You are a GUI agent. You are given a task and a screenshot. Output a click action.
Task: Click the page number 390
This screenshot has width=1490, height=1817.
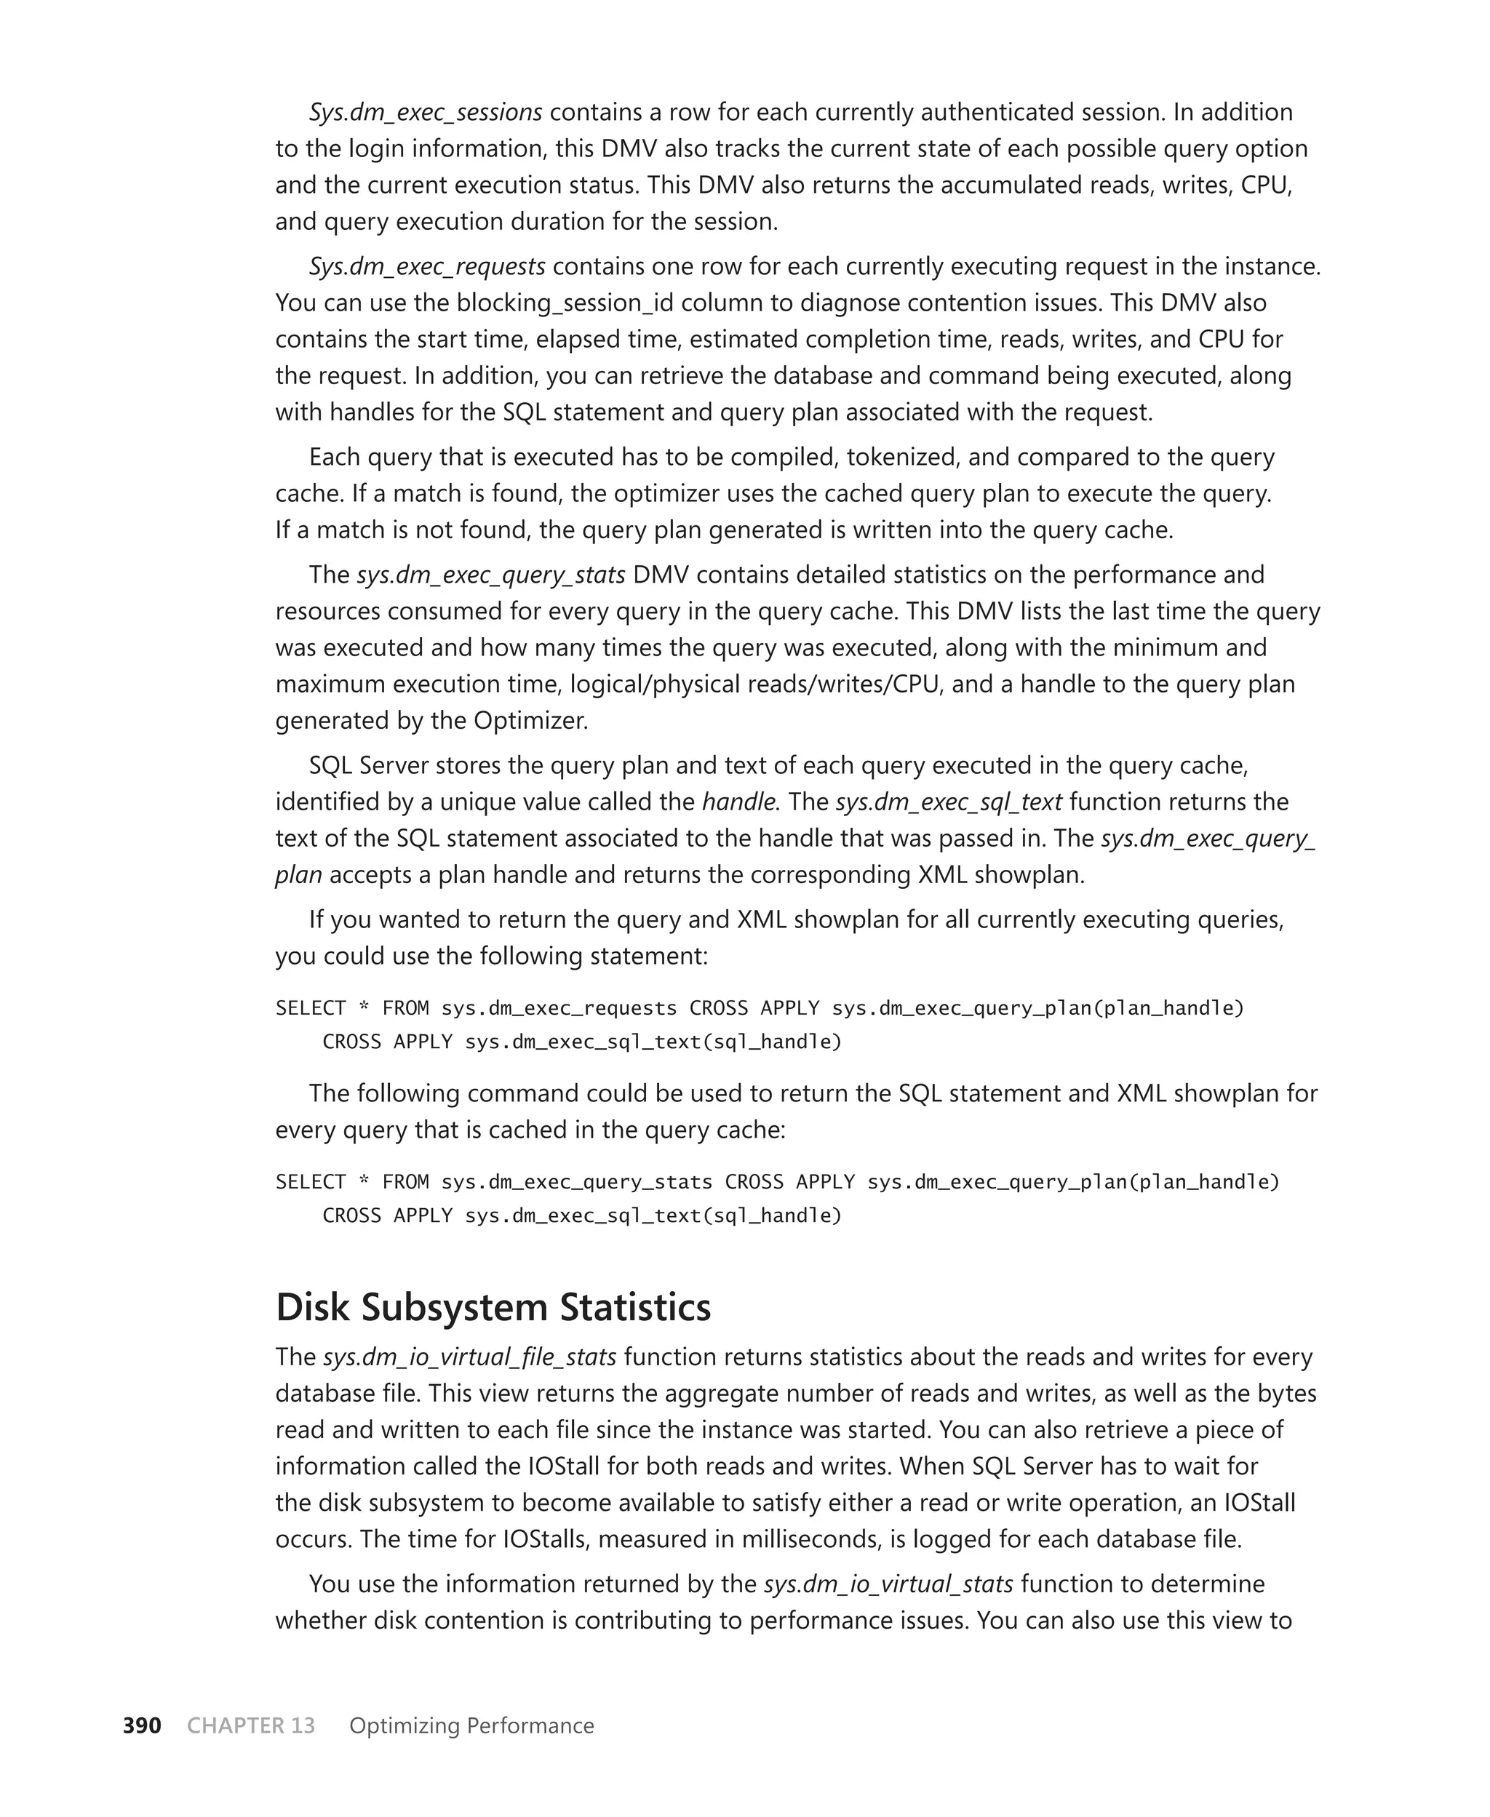click(142, 1725)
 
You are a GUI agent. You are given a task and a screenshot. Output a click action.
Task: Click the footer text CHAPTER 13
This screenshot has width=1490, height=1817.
click(250, 1725)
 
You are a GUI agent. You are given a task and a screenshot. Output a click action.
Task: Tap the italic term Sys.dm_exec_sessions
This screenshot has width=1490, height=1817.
click(426, 113)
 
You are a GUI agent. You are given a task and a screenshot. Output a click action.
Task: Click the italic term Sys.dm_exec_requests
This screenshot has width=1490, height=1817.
click(426, 267)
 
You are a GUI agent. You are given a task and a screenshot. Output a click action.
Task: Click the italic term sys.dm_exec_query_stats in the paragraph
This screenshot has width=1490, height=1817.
click(491, 575)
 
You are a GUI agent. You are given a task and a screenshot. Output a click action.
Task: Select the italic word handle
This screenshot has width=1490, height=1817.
click(739, 802)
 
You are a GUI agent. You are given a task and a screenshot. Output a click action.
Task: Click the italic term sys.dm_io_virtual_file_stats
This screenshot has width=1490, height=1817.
click(469, 1357)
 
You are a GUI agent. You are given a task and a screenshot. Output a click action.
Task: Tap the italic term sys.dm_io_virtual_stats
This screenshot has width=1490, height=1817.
click(888, 1584)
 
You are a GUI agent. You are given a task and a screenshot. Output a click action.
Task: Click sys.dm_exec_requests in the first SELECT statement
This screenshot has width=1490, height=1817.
click(559, 1008)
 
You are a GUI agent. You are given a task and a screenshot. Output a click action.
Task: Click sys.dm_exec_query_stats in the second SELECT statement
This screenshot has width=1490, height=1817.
click(577, 1182)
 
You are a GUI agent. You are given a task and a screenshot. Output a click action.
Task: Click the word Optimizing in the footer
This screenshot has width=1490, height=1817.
click(402, 1725)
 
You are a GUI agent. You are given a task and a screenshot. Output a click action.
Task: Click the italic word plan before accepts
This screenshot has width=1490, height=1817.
click(298, 875)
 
